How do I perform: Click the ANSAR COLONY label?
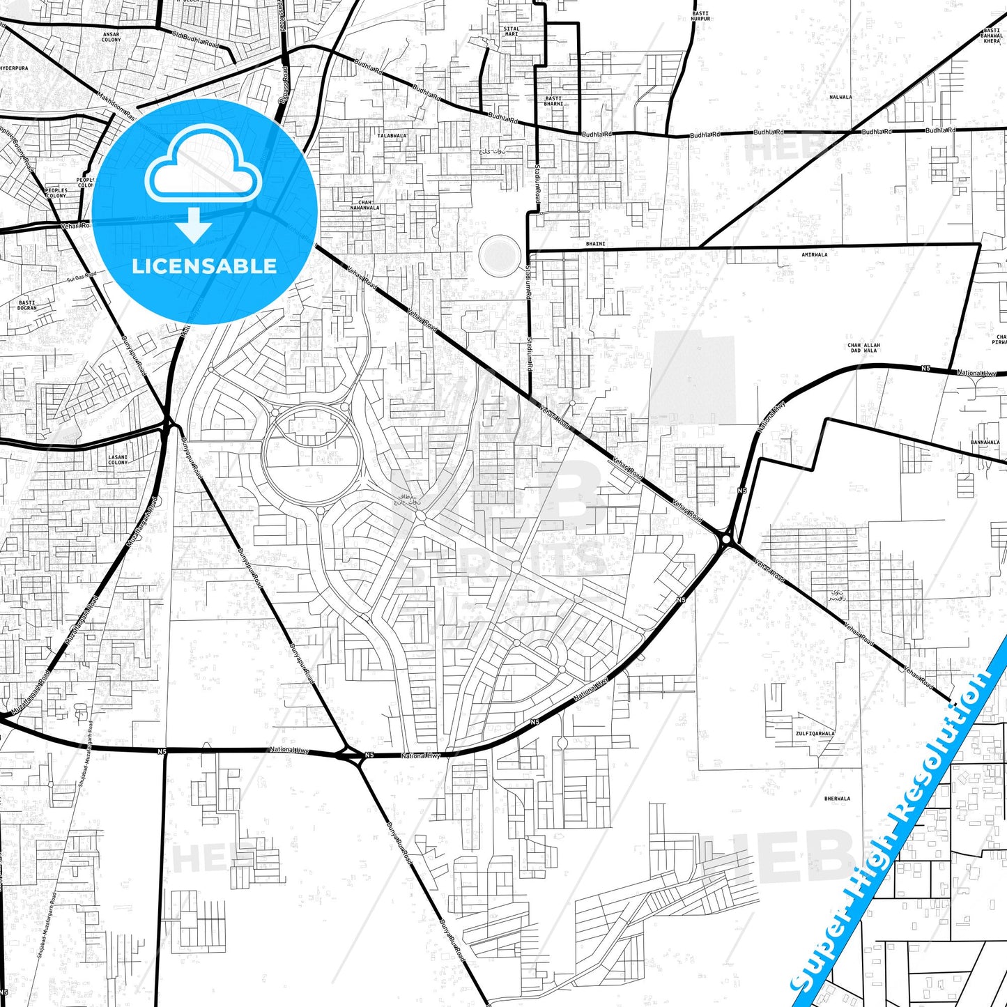point(111,37)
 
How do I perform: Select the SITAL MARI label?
point(512,31)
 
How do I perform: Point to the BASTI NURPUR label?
point(700,16)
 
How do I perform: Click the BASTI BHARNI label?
point(553,101)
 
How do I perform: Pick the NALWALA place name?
point(840,98)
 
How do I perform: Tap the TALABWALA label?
point(392,136)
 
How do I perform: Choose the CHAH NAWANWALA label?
point(365,205)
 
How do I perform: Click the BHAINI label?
point(596,244)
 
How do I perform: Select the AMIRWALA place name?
point(814,255)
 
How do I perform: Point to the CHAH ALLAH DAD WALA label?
point(863,348)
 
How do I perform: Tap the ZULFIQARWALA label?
point(815,734)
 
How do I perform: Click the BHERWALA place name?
point(837,799)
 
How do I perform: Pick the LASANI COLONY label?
point(118,460)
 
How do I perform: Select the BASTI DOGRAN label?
point(27,305)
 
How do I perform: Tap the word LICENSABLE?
point(204,266)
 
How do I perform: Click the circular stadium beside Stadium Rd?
point(500,254)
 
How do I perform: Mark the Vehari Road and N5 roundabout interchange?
point(727,539)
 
